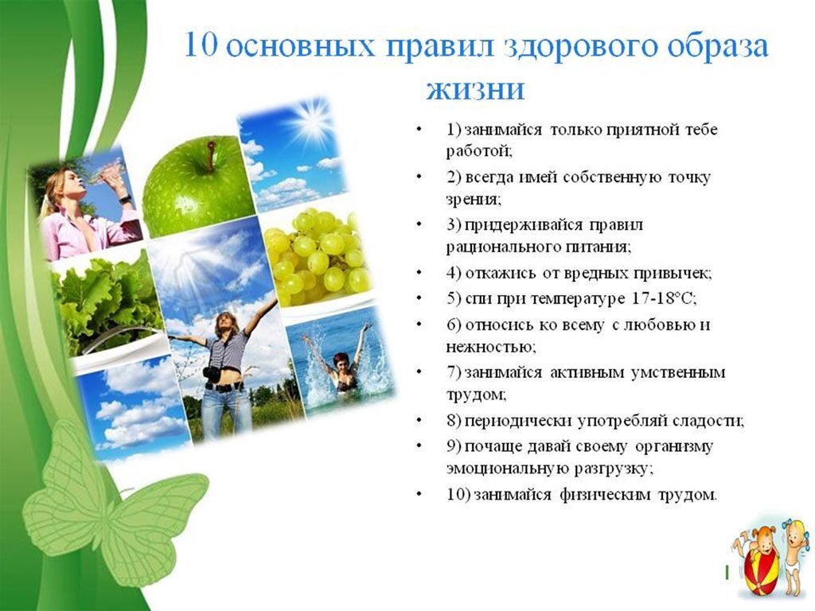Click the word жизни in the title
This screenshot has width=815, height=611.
pyautogui.click(x=476, y=89)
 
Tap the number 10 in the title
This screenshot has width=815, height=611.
pyautogui.click(x=201, y=45)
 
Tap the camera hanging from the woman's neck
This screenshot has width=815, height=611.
pyautogui.click(x=210, y=373)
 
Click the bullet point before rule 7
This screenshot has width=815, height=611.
pyautogui.click(x=419, y=372)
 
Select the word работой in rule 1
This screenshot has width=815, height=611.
pyautogui.click(x=479, y=151)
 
